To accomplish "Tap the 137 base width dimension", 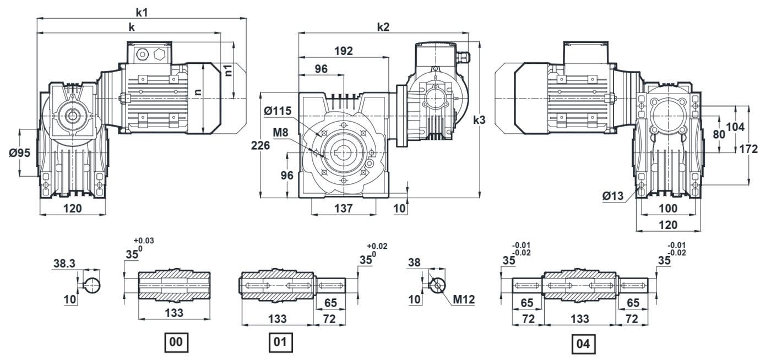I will coord(343,208).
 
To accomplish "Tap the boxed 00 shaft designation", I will coord(176,343).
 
